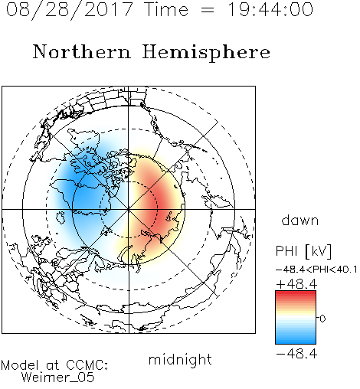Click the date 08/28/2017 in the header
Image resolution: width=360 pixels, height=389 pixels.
(70, 10)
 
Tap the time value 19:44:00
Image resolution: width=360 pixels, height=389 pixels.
(270, 10)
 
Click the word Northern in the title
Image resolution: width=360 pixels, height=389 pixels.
(82, 52)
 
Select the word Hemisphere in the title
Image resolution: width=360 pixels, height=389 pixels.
(206, 53)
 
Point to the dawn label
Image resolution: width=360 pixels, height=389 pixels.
(300, 220)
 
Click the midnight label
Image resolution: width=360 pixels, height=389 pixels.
(180, 360)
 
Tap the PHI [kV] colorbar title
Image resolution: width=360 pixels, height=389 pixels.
(303, 251)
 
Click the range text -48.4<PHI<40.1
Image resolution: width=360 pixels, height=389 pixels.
(316, 270)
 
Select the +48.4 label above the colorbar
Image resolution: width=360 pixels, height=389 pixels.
(296, 284)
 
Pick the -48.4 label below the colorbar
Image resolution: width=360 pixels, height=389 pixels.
(296, 354)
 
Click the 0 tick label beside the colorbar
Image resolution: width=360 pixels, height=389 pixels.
(322, 319)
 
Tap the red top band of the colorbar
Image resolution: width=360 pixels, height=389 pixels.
(296, 293)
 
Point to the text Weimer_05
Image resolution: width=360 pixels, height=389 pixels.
(58, 378)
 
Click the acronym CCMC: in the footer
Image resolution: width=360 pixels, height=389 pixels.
(87, 365)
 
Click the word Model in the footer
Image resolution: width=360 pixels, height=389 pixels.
(20, 365)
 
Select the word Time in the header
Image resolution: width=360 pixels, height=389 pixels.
(166, 10)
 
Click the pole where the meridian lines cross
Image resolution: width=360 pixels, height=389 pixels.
(129, 210)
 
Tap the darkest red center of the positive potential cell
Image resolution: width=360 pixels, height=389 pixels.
(158, 204)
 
